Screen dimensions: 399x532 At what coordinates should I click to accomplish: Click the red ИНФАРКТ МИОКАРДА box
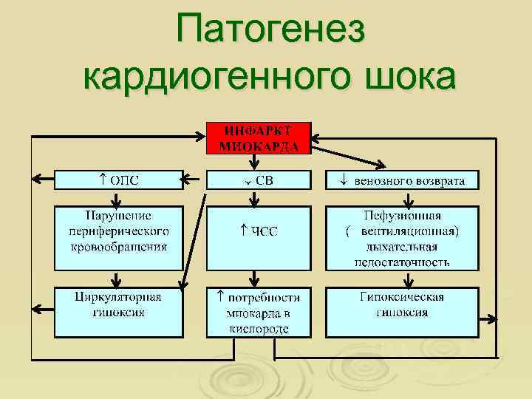coord(259,137)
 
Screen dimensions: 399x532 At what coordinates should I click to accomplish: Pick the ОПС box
coord(119,180)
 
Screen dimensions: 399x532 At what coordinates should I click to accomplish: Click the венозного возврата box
coord(403,180)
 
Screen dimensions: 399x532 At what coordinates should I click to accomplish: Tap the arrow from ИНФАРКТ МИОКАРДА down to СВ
coord(258,162)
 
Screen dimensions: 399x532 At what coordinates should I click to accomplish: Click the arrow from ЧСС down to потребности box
coord(256,278)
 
